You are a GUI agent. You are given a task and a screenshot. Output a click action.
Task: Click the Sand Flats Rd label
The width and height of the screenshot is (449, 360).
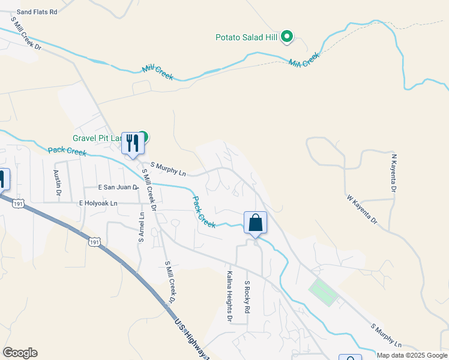37,11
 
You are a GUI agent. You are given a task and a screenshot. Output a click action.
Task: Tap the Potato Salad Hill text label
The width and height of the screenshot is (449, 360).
248,37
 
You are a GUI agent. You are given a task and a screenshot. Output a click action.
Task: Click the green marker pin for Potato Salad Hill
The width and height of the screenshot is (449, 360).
287,37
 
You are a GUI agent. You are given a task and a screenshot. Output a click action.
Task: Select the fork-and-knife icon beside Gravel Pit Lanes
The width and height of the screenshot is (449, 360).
131,143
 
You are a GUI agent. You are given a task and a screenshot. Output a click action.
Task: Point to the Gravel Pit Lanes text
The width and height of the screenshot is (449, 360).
98,137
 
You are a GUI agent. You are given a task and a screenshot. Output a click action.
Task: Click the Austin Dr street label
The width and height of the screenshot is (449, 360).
58,182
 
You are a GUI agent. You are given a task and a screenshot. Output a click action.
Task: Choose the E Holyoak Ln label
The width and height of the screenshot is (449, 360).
98,203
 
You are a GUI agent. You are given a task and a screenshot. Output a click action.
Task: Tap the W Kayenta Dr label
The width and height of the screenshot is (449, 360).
361,209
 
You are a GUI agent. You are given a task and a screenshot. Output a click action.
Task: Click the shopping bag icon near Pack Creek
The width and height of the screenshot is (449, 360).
255,223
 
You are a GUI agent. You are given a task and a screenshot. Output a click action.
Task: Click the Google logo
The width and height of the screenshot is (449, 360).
20,353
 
